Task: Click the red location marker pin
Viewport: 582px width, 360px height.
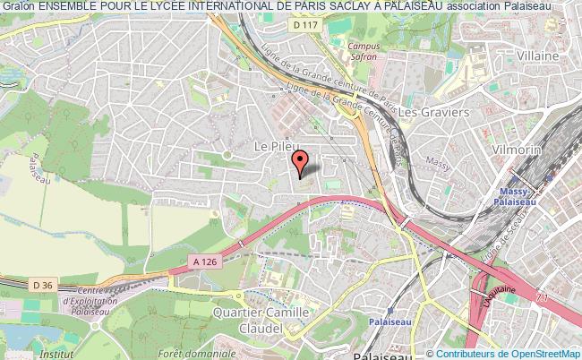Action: point(301,162)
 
